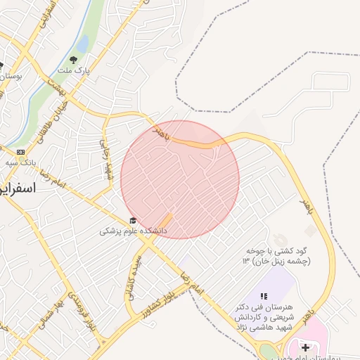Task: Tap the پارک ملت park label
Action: [x=75, y=71]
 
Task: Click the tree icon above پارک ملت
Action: [x=74, y=59]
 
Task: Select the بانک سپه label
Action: [x=20, y=162]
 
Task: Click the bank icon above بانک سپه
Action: [x=20, y=151]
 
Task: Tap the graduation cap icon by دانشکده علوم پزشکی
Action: [x=133, y=221]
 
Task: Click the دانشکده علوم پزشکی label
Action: [x=133, y=231]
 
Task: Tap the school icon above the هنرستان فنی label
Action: [x=264, y=297]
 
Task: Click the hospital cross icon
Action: [x=305, y=347]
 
